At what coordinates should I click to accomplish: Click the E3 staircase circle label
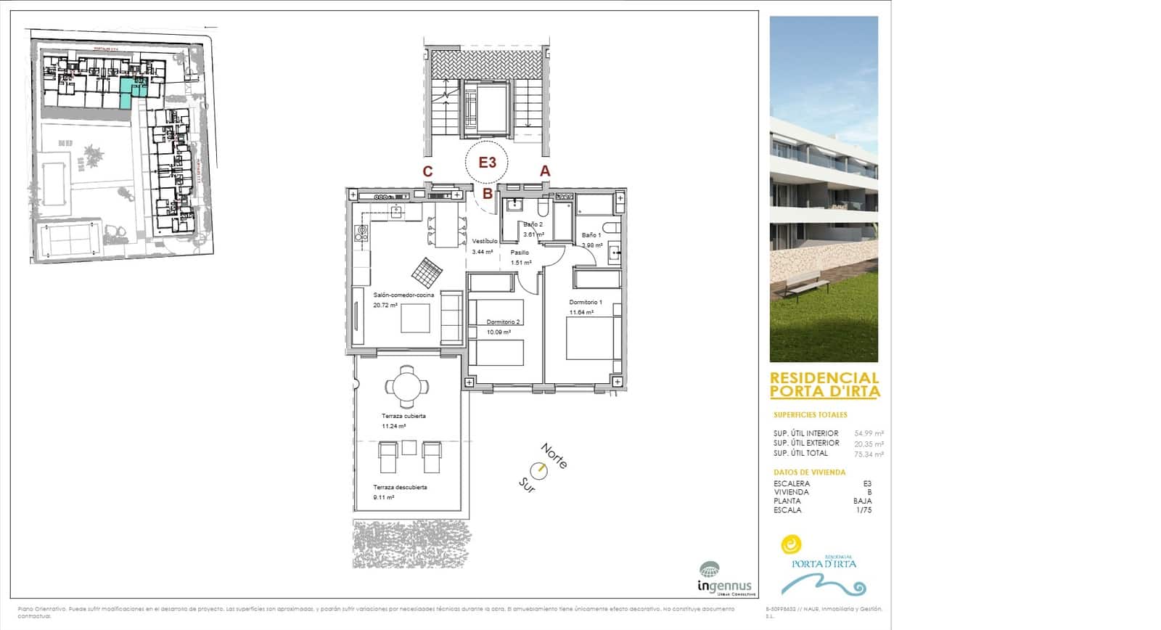click(x=487, y=163)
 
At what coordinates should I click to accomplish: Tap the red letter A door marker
click(x=545, y=171)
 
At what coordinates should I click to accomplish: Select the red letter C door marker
click(x=428, y=172)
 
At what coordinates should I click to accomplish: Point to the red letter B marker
click(x=488, y=194)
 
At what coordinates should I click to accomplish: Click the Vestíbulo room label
click(x=485, y=241)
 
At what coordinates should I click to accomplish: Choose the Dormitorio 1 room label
click(x=586, y=302)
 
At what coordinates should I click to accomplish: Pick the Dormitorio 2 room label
click(x=503, y=322)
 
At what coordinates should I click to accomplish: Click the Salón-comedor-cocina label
click(x=403, y=295)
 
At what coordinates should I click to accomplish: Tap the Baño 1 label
click(x=591, y=235)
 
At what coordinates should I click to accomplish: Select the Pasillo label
click(x=520, y=253)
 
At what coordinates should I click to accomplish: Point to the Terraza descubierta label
click(x=400, y=488)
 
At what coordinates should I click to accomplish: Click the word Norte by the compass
click(x=554, y=456)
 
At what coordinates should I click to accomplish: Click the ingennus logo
click(x=723, y=579)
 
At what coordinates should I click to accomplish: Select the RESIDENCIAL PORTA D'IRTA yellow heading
click(x=824, y=385)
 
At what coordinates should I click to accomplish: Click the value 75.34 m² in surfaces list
click(x=869, y=454)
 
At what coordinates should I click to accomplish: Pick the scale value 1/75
click(x=863, y=510)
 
